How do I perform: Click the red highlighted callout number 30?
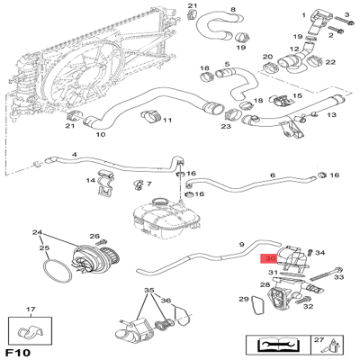tap(268, 258)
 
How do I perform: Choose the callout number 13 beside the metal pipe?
tap(330, 115)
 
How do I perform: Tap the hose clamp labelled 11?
tap(151, 115)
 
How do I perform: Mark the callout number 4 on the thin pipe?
tap(74, 154)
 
